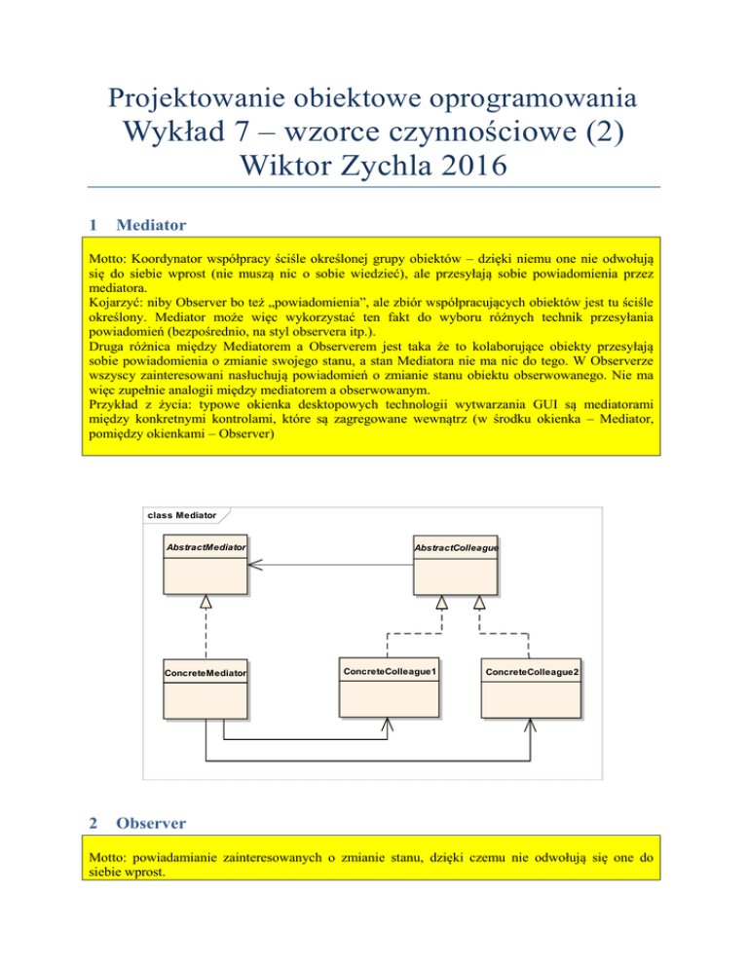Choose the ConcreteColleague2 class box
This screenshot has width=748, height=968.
click(533, 687)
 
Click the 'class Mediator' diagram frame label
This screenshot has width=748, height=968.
click(182, 514)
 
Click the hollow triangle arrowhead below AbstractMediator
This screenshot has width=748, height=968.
click(206, 604)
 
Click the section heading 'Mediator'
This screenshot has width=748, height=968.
click(151, 225)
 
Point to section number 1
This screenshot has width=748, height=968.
click(92, 225)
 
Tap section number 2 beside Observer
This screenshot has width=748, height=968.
click(92, 823)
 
